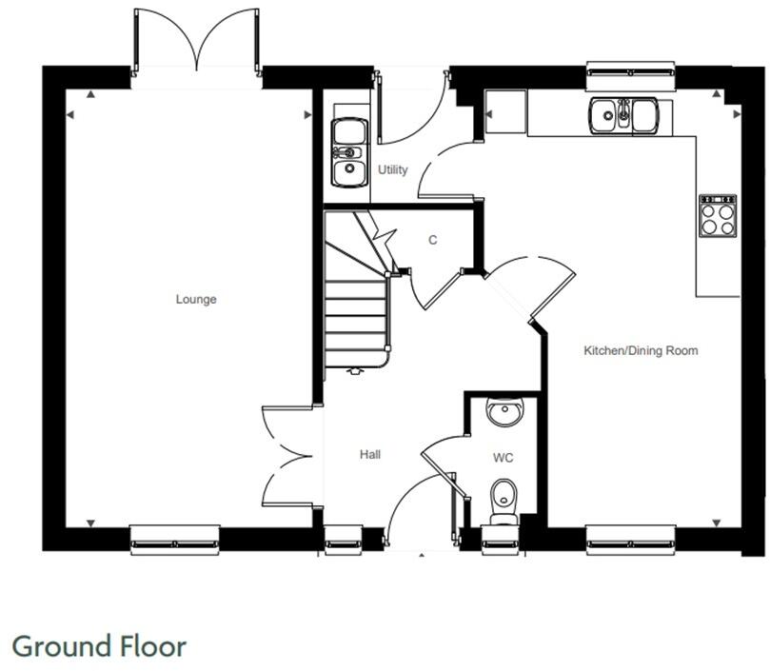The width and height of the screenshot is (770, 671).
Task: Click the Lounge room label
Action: pos(196,299)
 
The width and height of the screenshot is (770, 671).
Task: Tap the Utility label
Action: pos(392,170)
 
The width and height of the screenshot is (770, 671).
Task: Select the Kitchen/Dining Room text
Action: pos(641,351)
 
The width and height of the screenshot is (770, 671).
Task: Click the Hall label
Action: pos(370,455)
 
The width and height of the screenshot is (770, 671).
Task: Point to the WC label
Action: pos(503,458)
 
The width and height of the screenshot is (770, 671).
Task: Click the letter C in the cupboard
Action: pos(432,241)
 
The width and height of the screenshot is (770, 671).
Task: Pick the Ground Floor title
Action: pos(99,646)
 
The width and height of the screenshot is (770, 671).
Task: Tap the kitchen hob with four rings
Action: pos(718,215)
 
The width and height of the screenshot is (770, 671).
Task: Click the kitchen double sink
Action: pos(623,116)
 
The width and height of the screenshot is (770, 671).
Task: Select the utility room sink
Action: pos(349,152)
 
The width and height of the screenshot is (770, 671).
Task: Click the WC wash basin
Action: pos(503,413)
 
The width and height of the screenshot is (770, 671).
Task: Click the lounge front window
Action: pos(175,540)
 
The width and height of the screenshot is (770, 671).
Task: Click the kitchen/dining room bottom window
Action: pos(630,540)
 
